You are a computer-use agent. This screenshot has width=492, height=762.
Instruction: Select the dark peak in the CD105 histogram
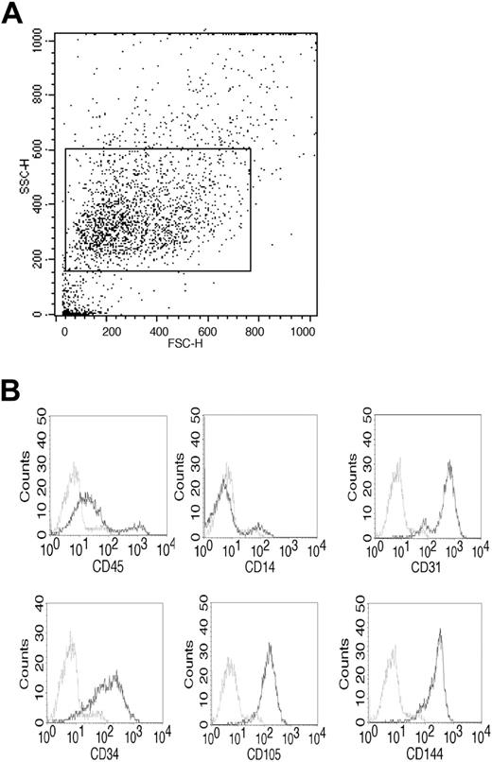click(270, 646)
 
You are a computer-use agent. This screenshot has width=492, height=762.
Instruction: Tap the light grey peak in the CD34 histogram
click(72, 646)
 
